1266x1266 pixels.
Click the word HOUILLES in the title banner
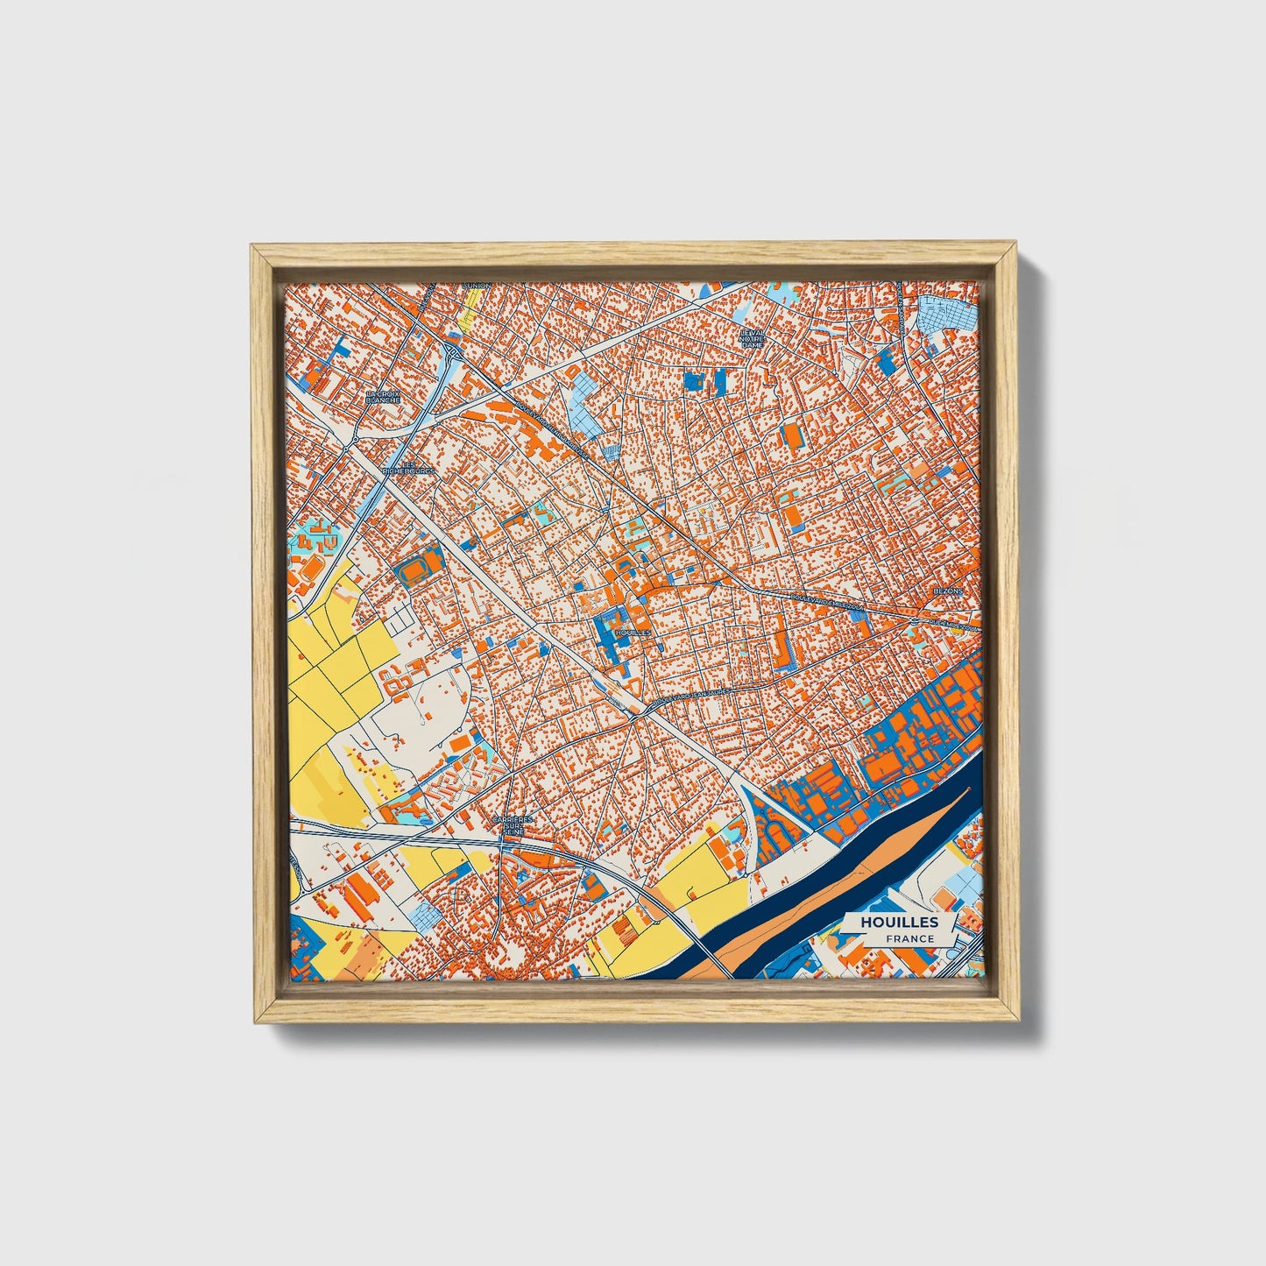899,922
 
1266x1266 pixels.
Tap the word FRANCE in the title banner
909,938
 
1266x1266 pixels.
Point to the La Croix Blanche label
383,397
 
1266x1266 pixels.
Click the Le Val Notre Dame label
753,339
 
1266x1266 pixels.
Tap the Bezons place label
948,591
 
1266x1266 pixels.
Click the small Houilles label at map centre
633,631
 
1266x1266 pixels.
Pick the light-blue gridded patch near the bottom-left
427,916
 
